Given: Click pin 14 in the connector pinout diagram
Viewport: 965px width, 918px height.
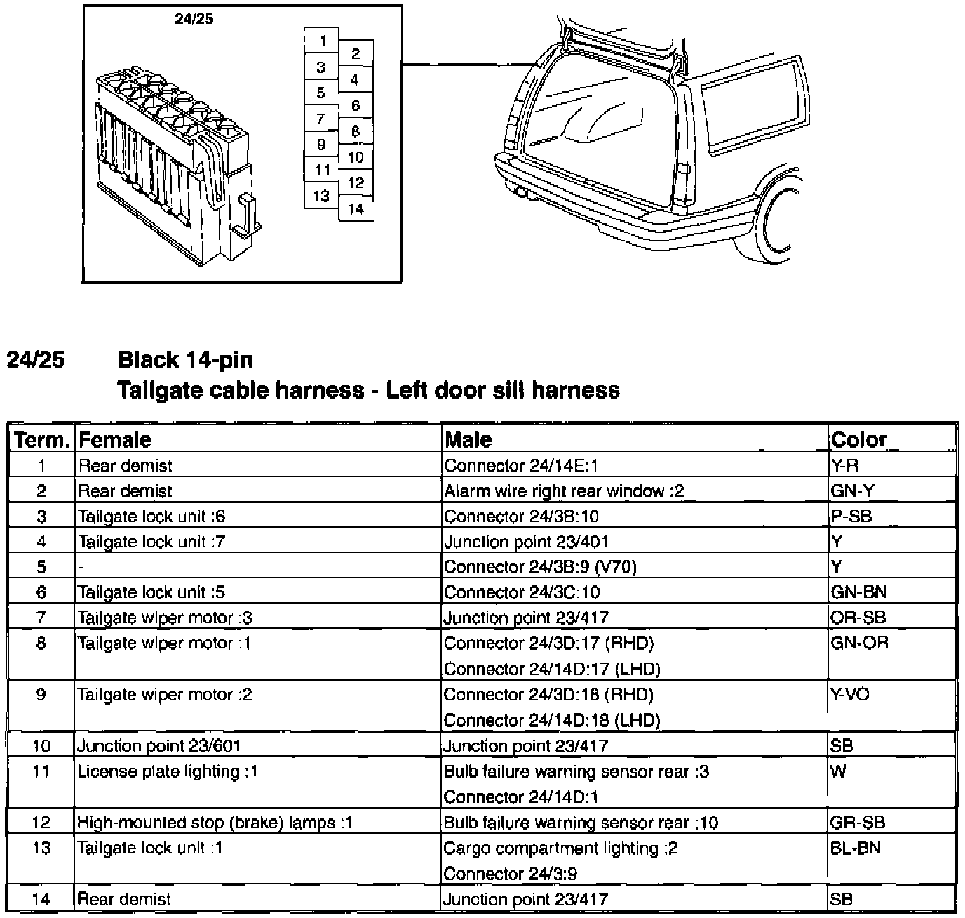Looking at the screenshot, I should click(356, 208).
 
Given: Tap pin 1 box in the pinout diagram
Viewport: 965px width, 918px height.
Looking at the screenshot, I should click(323, 41).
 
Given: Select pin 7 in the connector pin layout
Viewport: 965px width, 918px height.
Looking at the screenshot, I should click(321, 119).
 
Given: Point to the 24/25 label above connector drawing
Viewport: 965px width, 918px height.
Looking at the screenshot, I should click(194, 19).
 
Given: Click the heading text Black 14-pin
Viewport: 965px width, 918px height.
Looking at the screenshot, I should click(185, 360).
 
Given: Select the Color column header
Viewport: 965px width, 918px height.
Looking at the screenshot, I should click(859, 440).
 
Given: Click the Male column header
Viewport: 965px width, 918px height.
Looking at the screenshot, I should click(468, 440).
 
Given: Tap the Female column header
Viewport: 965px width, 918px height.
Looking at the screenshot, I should click(115, 440).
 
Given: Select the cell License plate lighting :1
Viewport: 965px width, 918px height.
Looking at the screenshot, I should click(168, 771).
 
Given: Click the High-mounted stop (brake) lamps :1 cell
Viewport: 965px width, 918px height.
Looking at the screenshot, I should click(215, 823).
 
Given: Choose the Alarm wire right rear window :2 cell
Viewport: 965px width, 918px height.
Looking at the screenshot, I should click(564, 491).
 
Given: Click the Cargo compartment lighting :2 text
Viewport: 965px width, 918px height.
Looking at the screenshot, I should click(560, 848).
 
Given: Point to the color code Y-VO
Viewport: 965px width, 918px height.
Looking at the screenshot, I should click(850, 694).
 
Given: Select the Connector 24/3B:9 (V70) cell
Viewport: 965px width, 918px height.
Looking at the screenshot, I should click(540, 566).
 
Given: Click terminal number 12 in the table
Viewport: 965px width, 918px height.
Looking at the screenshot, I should click(41, 823).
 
